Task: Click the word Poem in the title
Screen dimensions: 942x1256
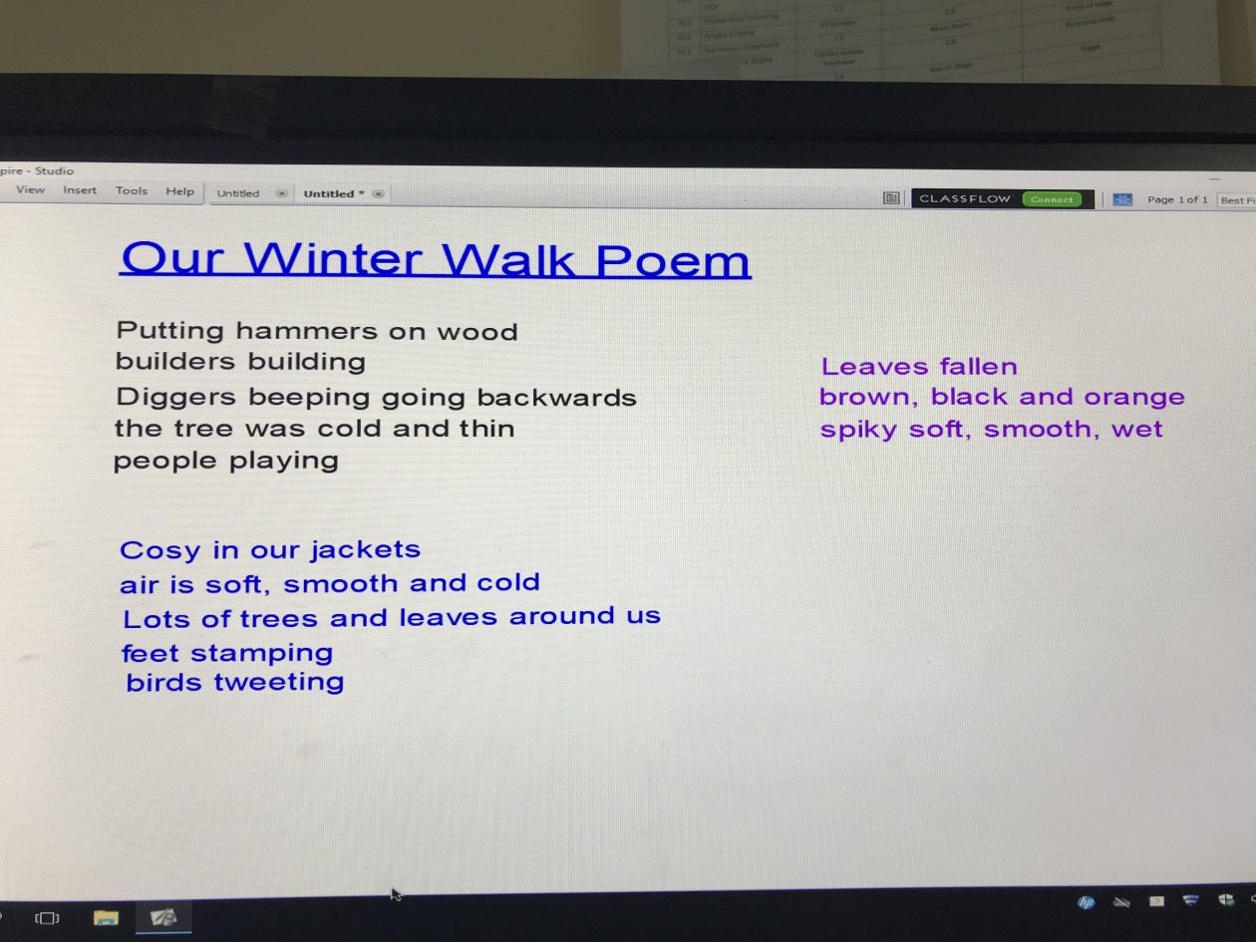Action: click(673, 261)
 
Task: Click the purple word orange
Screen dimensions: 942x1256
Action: click(1134, 397)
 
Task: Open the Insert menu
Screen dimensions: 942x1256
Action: click(80, 190)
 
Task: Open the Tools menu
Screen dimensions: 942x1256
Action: click(131, 190)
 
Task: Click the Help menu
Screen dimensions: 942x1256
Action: click(180, 191)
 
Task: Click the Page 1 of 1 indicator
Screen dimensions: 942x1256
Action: click(1176, 199)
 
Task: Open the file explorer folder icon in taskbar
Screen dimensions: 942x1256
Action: click(106, 917)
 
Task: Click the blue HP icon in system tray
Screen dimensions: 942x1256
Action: click(1086, 902)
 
